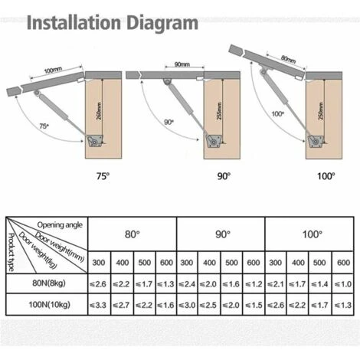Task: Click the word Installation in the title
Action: click(x=74, y=22)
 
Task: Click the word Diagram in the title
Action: click(x=162, y=24)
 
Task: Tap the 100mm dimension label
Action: click(x=53, y=70)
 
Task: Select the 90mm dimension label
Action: click(x=182, y=64)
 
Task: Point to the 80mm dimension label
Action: click(x=289, y=60)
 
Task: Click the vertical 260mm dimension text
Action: click(x=100, y=111)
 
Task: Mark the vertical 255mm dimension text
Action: click(x=219, y=111)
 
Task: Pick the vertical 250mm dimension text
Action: click(x=321, y=111)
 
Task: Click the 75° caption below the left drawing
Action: click(x=103, y=176)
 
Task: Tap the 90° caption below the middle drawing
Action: click(x=224, y=176)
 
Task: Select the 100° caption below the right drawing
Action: click(x=326, y=176)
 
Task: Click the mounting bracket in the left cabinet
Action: click(x=95, y=141)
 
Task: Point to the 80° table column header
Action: click(x=133, y=234)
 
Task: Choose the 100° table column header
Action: click(x=312, y=234)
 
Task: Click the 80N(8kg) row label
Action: click(x=49, y=283)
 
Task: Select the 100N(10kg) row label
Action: click(x=49, y=304)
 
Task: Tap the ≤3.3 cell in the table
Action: click(x=98, y=305)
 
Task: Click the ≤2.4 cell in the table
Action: click(x=187, y=284)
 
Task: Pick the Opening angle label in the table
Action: click(x=60, y=225)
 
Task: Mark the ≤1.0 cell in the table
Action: click(x=343, y=284)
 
